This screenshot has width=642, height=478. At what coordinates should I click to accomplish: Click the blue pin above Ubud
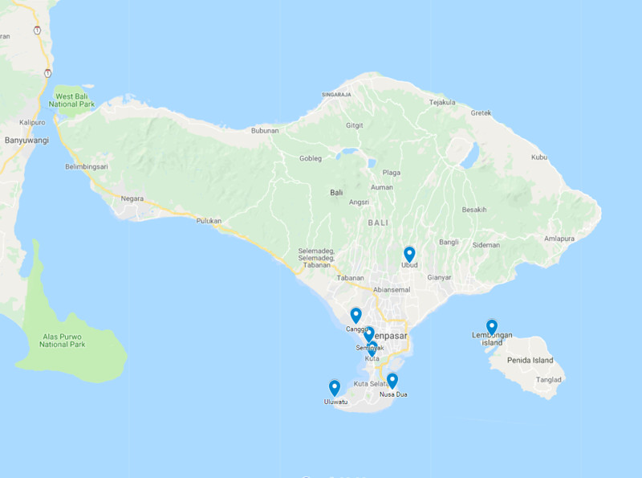pos(409,254)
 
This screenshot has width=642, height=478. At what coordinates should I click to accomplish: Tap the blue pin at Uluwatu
pos(335,387)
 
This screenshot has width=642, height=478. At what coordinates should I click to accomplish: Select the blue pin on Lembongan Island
pos(492,326)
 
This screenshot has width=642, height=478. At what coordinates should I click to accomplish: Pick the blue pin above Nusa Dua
pos(392,380)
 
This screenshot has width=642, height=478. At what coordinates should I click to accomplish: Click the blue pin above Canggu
pos(356,314)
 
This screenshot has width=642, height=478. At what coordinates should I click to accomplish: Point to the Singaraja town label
pos(337,94)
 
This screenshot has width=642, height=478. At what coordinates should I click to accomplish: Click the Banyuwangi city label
pos(26,141)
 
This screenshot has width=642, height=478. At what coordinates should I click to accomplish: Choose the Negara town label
pos(132,198)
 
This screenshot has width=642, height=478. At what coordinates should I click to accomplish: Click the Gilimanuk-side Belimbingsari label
pos(87,167)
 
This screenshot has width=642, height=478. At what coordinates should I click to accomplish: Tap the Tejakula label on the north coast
pos(442,102)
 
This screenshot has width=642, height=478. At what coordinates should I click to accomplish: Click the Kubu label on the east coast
pos(538,157)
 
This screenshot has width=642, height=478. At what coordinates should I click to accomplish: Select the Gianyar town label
pos(439,277)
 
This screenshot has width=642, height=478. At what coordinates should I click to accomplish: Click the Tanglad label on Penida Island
pos(549,380)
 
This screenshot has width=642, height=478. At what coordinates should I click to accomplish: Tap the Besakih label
pos(473,210)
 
